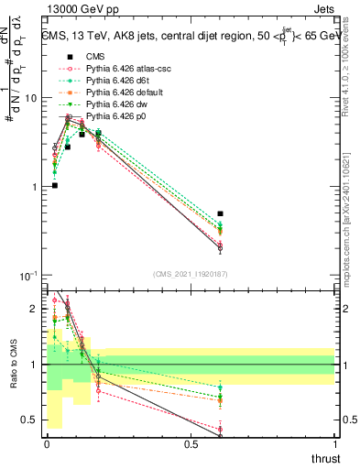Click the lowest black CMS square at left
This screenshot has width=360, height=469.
(x=55, y=185)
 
